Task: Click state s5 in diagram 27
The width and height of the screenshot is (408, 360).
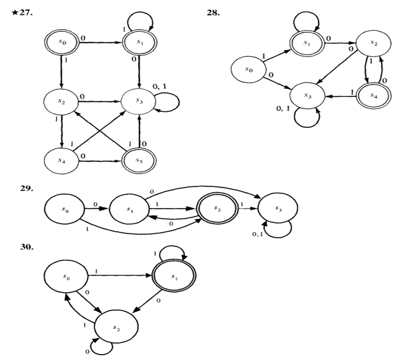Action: coord(140,159)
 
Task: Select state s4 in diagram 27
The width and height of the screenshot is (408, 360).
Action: coord(61,159)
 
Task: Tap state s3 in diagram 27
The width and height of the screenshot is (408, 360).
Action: coord(140,102)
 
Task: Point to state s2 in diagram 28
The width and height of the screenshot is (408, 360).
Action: coord(373,43)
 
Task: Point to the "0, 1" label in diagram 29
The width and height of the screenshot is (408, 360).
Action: coord(258,234)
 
